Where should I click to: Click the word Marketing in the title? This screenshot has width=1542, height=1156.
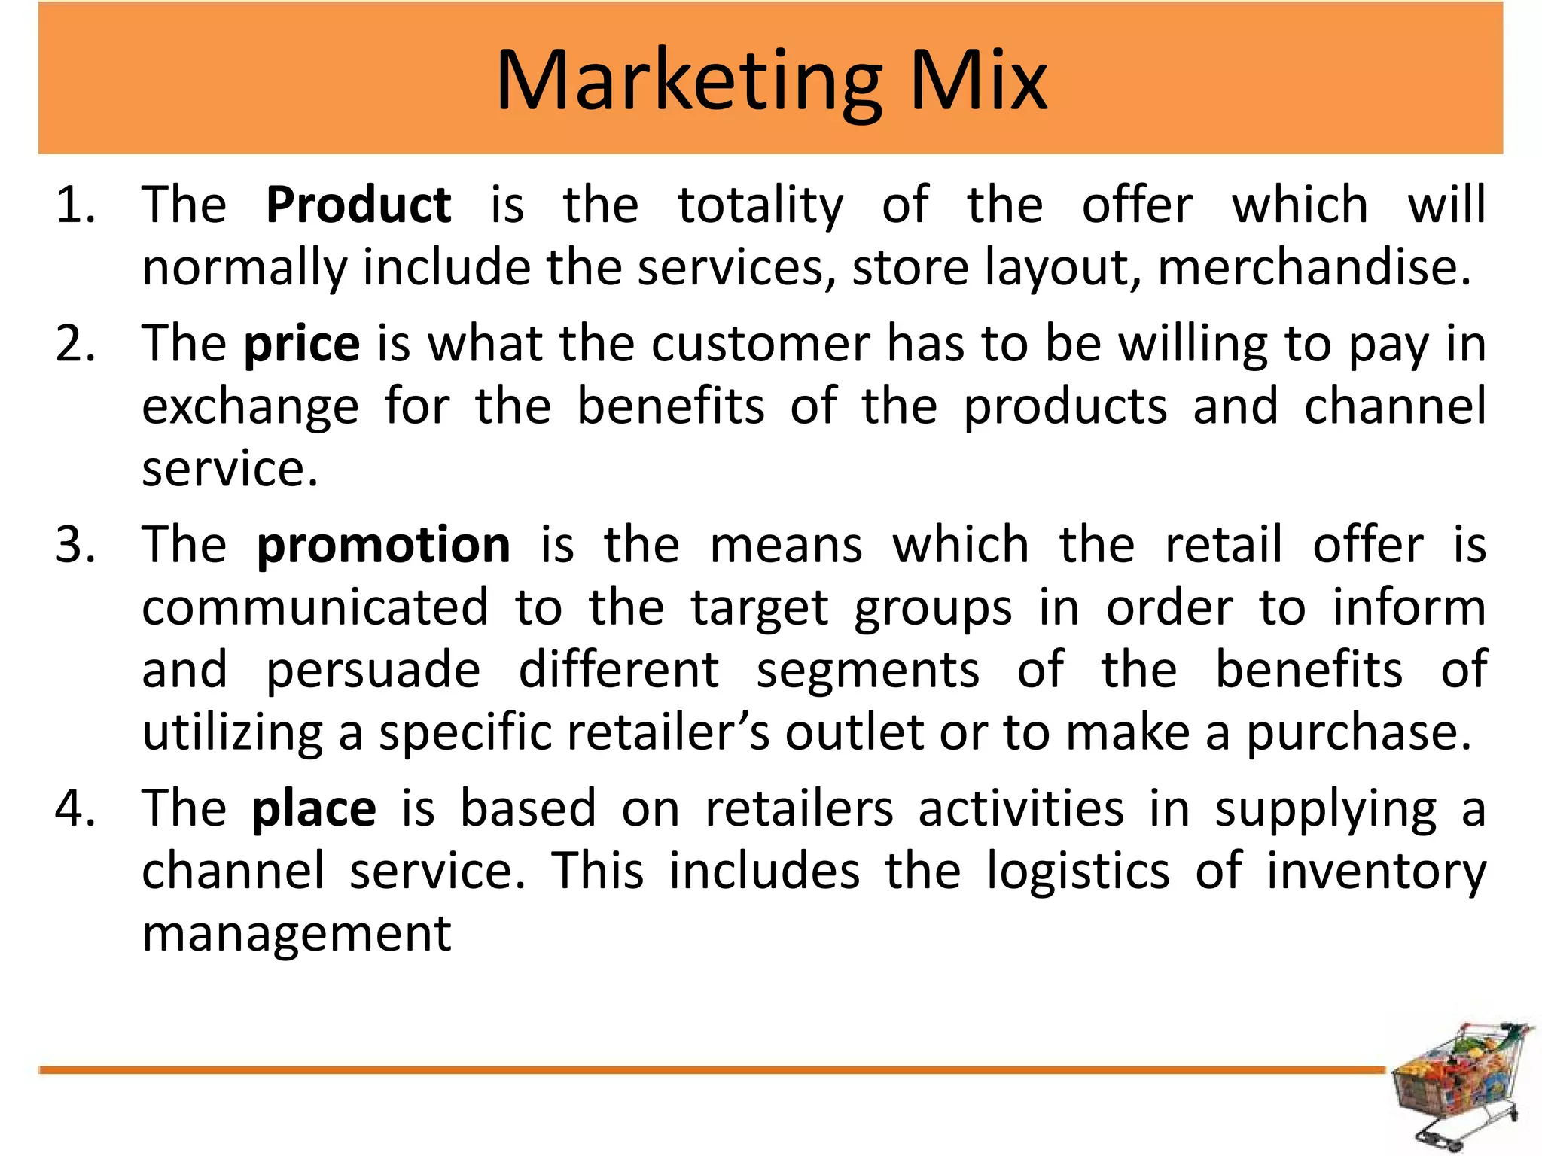coord(689,81)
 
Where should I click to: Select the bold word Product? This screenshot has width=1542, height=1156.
coord(358,205)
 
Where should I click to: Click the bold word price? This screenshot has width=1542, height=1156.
coord(302,345)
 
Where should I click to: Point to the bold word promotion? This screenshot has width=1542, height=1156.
coord(383,545)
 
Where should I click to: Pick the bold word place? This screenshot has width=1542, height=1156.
coord(314,810)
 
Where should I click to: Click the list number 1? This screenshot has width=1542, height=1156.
coord(75,205)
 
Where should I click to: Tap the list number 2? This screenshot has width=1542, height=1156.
coord(75,345)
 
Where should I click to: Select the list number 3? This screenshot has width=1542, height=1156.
coord(75,545)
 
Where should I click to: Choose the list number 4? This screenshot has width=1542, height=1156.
coord(75,810)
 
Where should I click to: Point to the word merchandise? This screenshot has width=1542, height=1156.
coord(1313,268)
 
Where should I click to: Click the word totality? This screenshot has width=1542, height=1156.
coord(760,206)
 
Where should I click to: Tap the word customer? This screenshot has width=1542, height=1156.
coord(760,345)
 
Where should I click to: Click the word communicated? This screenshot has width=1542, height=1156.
coord(315,608)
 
